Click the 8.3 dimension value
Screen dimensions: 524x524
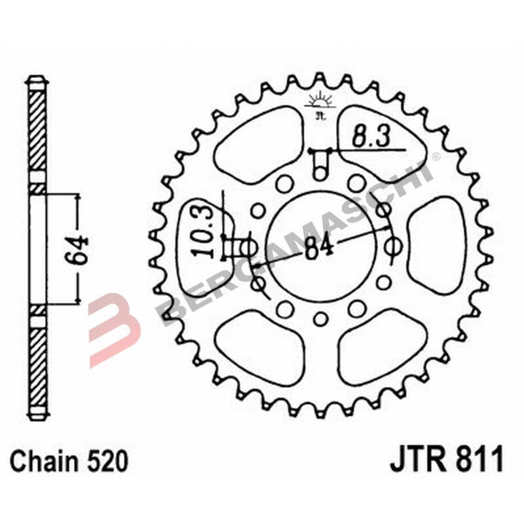point(371,138)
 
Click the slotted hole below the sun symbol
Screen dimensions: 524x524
point(320,162)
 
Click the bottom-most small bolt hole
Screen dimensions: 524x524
point(320,319)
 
